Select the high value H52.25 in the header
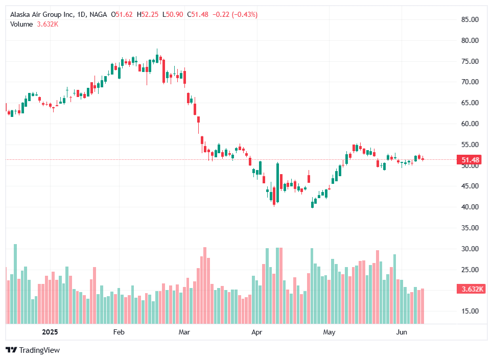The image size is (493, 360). coord(148,15)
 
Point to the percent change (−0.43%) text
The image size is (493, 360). coord(245,15)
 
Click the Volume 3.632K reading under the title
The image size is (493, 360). coord(34,24)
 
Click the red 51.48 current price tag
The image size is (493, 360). coord(470,160)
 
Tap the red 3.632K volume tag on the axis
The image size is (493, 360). coord(470,289)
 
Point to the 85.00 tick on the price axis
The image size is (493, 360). coord(469,19)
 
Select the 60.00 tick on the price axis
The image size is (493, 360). coord(469,124)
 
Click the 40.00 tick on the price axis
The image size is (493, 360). coord(469,207)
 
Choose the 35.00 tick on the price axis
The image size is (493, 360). coord(469,228)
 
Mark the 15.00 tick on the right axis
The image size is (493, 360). coord(469,311)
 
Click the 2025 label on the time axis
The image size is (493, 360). coord(50,332)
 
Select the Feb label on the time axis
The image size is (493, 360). coord(119,332)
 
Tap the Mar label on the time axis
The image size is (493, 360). coord(184,332)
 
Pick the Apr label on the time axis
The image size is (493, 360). coord(256,332)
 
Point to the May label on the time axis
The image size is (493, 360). coord(330,332)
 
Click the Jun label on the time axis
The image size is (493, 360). coord(402,332)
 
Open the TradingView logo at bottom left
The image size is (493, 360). coord(33,350)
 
